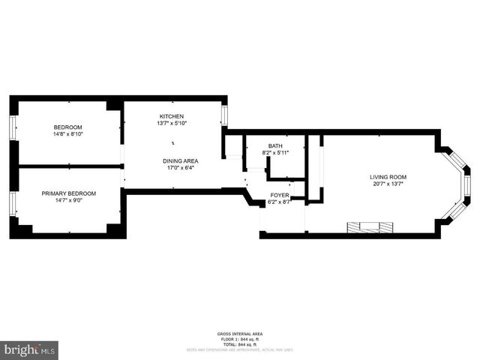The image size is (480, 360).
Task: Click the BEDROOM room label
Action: click(67, 127)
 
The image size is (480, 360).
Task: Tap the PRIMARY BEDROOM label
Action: click(67, 193)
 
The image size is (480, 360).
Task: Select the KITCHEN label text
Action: click(172, 116)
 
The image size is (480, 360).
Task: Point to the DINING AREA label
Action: click(180, 160)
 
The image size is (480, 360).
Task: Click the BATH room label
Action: click(275, 145)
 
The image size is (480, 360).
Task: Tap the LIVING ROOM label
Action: click(388, 177)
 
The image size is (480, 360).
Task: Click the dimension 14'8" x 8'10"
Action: click(67, 134)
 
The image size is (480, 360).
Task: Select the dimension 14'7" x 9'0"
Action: click(67, 200)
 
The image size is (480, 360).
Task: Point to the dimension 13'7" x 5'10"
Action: click(172, 124)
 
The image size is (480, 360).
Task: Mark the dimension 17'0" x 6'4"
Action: click(180, 168)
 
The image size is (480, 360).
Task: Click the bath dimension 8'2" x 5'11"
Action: click(275, 153)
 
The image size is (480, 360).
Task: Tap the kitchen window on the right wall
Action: click(223, 114)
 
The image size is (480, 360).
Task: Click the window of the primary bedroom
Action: click(12, 203)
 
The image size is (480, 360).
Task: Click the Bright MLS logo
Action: click(29, 350)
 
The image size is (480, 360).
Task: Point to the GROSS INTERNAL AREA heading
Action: click(240, 334)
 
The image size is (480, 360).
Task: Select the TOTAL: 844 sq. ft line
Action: click(240, 343)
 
